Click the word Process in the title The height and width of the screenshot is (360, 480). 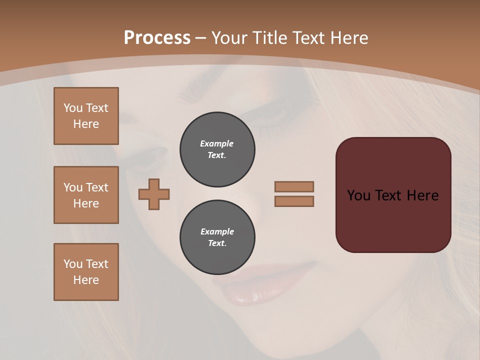point(157,38)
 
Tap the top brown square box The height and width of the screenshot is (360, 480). point(86,116)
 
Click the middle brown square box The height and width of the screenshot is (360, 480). point(86,195)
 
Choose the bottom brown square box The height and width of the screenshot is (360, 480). point(86,272)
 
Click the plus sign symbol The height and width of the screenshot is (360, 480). point(154,194)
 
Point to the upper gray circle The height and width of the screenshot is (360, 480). point(217,149)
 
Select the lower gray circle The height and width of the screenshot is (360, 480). point(217,237)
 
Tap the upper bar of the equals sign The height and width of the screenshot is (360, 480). point(294,186)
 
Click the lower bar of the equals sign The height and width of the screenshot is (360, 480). point(294,201)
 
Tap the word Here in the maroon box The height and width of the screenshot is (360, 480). point(422,195)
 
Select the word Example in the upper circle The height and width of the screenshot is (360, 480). point(217,143)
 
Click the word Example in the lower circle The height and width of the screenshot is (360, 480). point(217,231)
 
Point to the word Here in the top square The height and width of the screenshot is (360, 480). point(86,124)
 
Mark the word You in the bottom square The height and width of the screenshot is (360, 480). point(73,264)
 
